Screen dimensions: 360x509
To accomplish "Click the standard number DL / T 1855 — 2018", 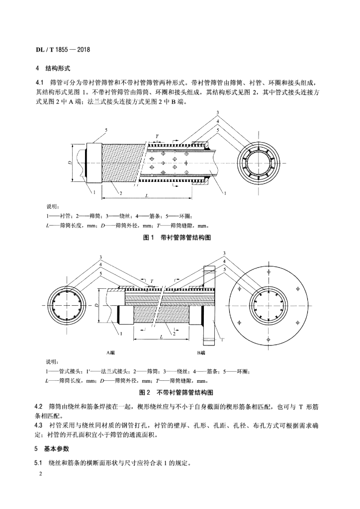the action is click(62, 50).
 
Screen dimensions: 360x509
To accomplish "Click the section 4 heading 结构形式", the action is click(58, 69).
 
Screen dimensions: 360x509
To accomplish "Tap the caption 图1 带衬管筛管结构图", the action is click(177, 238).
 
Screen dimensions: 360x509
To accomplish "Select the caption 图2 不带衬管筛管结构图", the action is click(176, 393).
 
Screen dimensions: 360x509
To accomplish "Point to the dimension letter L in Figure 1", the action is click(147, 195).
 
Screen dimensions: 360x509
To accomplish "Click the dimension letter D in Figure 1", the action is click(70, 162).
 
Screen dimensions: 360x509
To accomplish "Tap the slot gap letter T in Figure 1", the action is click(157, 137).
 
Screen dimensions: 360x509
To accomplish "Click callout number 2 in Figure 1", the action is click(121, 194).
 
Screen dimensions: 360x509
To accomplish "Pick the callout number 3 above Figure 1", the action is click(218, 113).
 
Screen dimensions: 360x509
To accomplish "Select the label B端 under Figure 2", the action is click(201, 353).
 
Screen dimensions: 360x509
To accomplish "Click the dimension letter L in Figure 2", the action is click(161, 337).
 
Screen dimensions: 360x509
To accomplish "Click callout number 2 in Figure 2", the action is click(175, 334).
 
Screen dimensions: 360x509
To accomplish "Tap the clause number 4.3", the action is click(39, 425).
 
